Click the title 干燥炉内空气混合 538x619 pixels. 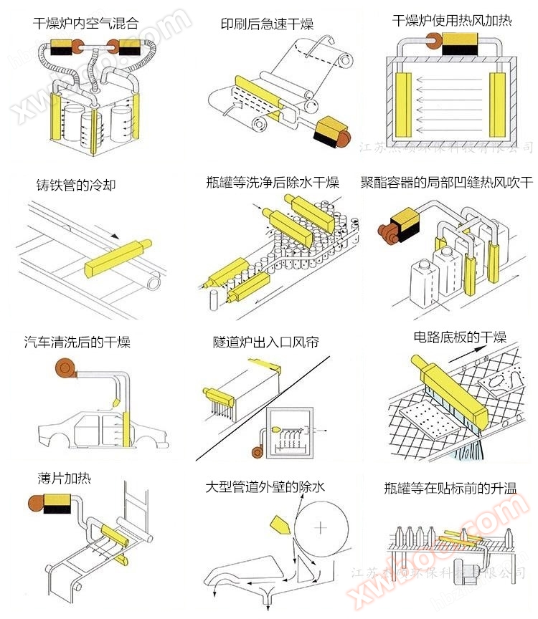(85, 23)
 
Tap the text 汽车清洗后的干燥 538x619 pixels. (77, 342)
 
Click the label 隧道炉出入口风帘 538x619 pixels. (265, 342)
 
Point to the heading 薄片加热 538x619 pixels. (65, 477)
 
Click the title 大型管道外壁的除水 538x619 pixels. (265, 487)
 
